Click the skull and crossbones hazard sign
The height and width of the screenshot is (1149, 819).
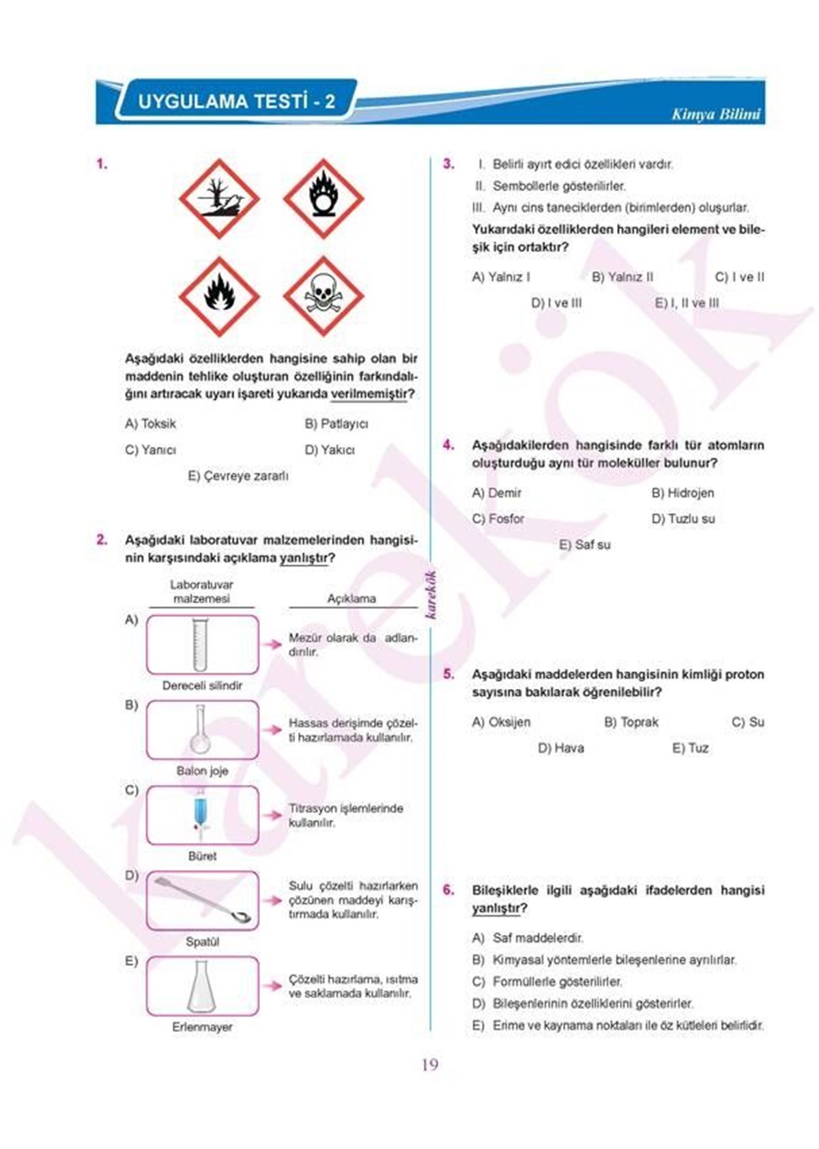323,296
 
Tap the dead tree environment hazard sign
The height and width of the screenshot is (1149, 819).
219,199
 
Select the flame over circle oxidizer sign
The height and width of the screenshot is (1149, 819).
323,199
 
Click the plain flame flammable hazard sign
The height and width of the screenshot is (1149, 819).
219,296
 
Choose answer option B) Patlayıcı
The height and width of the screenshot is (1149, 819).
336,424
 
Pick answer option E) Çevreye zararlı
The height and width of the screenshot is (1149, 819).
238,476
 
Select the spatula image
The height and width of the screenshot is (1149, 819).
203,900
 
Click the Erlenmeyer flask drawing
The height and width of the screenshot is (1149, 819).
201,986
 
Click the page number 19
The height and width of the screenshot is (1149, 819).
429,1064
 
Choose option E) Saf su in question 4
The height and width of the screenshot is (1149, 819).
584,545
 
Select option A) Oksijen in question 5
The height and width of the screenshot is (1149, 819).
501,722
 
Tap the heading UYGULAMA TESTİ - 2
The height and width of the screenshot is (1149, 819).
236,102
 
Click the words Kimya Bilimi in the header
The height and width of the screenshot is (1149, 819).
715,114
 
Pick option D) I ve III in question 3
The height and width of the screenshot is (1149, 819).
556,303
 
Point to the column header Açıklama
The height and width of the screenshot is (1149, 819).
351,599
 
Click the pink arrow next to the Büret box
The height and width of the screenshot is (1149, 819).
274,814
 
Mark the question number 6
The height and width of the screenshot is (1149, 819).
448,890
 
